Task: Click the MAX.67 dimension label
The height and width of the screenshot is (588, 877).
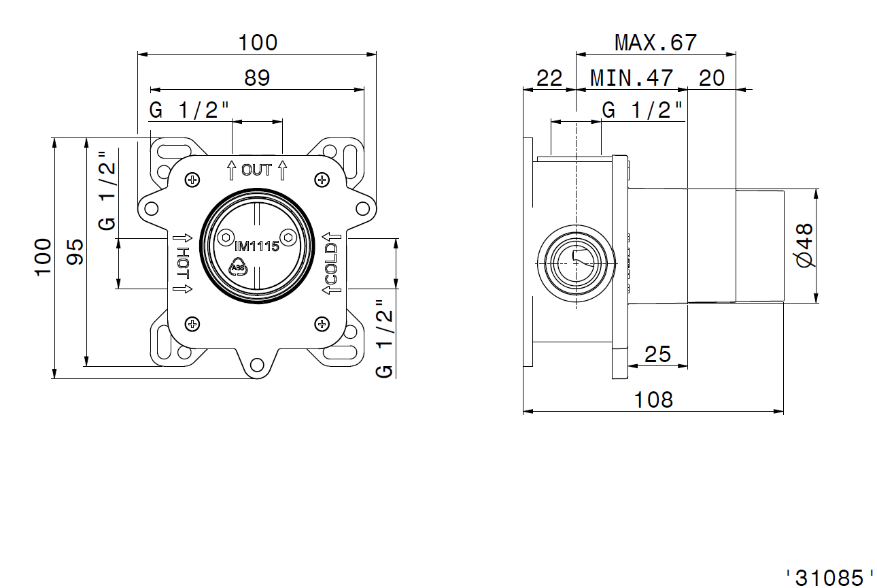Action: click(x=656, y=42)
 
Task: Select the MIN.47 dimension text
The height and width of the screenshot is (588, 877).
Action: click(x=632, y=78)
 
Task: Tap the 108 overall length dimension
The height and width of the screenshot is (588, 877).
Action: click(x=653, y=400)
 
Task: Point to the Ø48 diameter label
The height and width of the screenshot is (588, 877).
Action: click(x=805, y=246)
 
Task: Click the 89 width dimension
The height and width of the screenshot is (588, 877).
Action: click(x=257, y=78)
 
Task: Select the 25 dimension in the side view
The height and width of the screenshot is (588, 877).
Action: click(x=657, y=355)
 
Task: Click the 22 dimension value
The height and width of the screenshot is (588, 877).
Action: click(x=549, y=78)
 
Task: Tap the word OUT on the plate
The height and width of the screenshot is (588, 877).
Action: click(x=256, y=170)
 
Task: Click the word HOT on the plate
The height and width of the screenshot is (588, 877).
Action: click(x=183, y=263)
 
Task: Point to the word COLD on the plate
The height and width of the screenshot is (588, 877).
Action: click(x=331, y=263)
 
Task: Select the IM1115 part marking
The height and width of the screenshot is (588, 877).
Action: click(x=257, y=246)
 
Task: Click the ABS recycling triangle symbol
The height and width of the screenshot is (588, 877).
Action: click(x=238, y=267)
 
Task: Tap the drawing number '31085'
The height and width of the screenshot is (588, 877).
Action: click(x=829, y=578)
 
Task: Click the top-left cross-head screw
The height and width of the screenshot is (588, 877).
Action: click(x=192, y=180)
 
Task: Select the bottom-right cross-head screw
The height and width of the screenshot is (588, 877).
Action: click(x=322, y=324)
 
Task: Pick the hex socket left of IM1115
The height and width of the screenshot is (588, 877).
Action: click(x=226, y=238)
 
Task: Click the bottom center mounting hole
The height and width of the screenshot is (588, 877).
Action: click(x=257, y=365)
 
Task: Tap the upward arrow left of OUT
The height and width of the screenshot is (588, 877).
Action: click(x=231, y=170)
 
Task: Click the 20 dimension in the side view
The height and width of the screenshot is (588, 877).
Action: click(x=711, y=78)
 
